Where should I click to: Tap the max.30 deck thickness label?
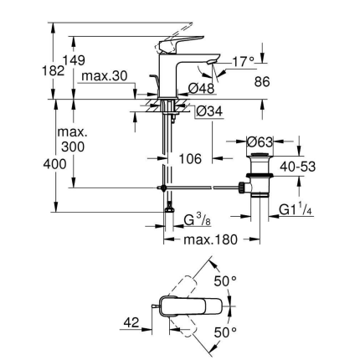[x=105, y=76]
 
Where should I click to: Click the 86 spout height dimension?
[x=261, y=83]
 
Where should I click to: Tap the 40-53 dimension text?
[x=297, y=167]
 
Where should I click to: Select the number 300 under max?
[x=73, y=147]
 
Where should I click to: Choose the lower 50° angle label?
[x=228, y=333]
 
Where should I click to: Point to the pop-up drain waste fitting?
[x=260, y=180]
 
